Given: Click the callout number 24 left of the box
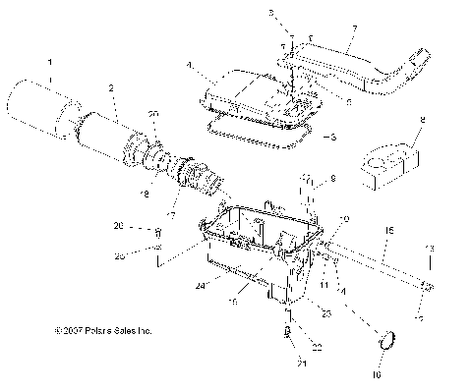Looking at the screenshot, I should pos(201,285).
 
